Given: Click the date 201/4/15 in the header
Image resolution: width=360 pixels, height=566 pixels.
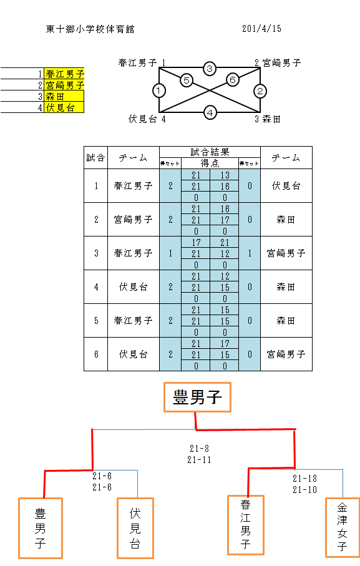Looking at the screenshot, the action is click(x=261, y=29).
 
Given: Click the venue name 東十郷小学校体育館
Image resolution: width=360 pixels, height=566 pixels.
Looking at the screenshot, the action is click(x=90, y=29).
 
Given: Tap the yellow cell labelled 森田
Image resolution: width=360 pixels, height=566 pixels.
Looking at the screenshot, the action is click(x=64, y=96).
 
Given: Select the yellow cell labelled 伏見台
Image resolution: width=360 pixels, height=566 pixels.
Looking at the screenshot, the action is click(x=64, y=107).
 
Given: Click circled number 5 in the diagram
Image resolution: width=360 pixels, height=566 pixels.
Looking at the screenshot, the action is click(x=187, y=80).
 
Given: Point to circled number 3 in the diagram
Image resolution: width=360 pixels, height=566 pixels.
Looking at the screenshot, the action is click(x=210, y=68).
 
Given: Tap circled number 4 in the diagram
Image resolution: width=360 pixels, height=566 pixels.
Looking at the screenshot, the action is click(x=210, y=112).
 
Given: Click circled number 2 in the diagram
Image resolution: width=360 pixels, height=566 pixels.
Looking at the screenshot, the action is click(x=260, y=91).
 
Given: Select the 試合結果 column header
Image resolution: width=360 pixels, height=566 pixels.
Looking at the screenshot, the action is click(x=210, y=152).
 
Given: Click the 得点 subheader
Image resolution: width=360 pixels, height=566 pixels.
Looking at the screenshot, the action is click(x=210, y=163).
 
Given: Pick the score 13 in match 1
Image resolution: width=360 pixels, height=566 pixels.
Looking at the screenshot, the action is click(x=225, y=175).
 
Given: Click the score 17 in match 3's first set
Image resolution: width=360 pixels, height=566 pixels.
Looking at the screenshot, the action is click(x=196, y=243).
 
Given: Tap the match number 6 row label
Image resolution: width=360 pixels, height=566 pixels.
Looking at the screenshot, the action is click(x=96, y=354).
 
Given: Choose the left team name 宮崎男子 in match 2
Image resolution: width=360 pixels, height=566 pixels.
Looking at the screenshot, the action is click(x=133, y=220).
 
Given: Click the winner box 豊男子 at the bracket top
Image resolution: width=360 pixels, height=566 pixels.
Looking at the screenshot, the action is click(x=197, y=397).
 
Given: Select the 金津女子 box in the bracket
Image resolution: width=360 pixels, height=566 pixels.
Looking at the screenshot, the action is click(x=343, y=527).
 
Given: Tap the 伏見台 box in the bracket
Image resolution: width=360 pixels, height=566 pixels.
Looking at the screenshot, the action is click(x=135, y=528).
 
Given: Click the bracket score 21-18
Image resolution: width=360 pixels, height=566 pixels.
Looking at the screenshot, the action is click(x=305, y=478).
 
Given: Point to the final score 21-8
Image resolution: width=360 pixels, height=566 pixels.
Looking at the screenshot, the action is click(x=199, y=448).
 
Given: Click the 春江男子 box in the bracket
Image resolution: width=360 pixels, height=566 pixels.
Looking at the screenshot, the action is click(x=246, y=525).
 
